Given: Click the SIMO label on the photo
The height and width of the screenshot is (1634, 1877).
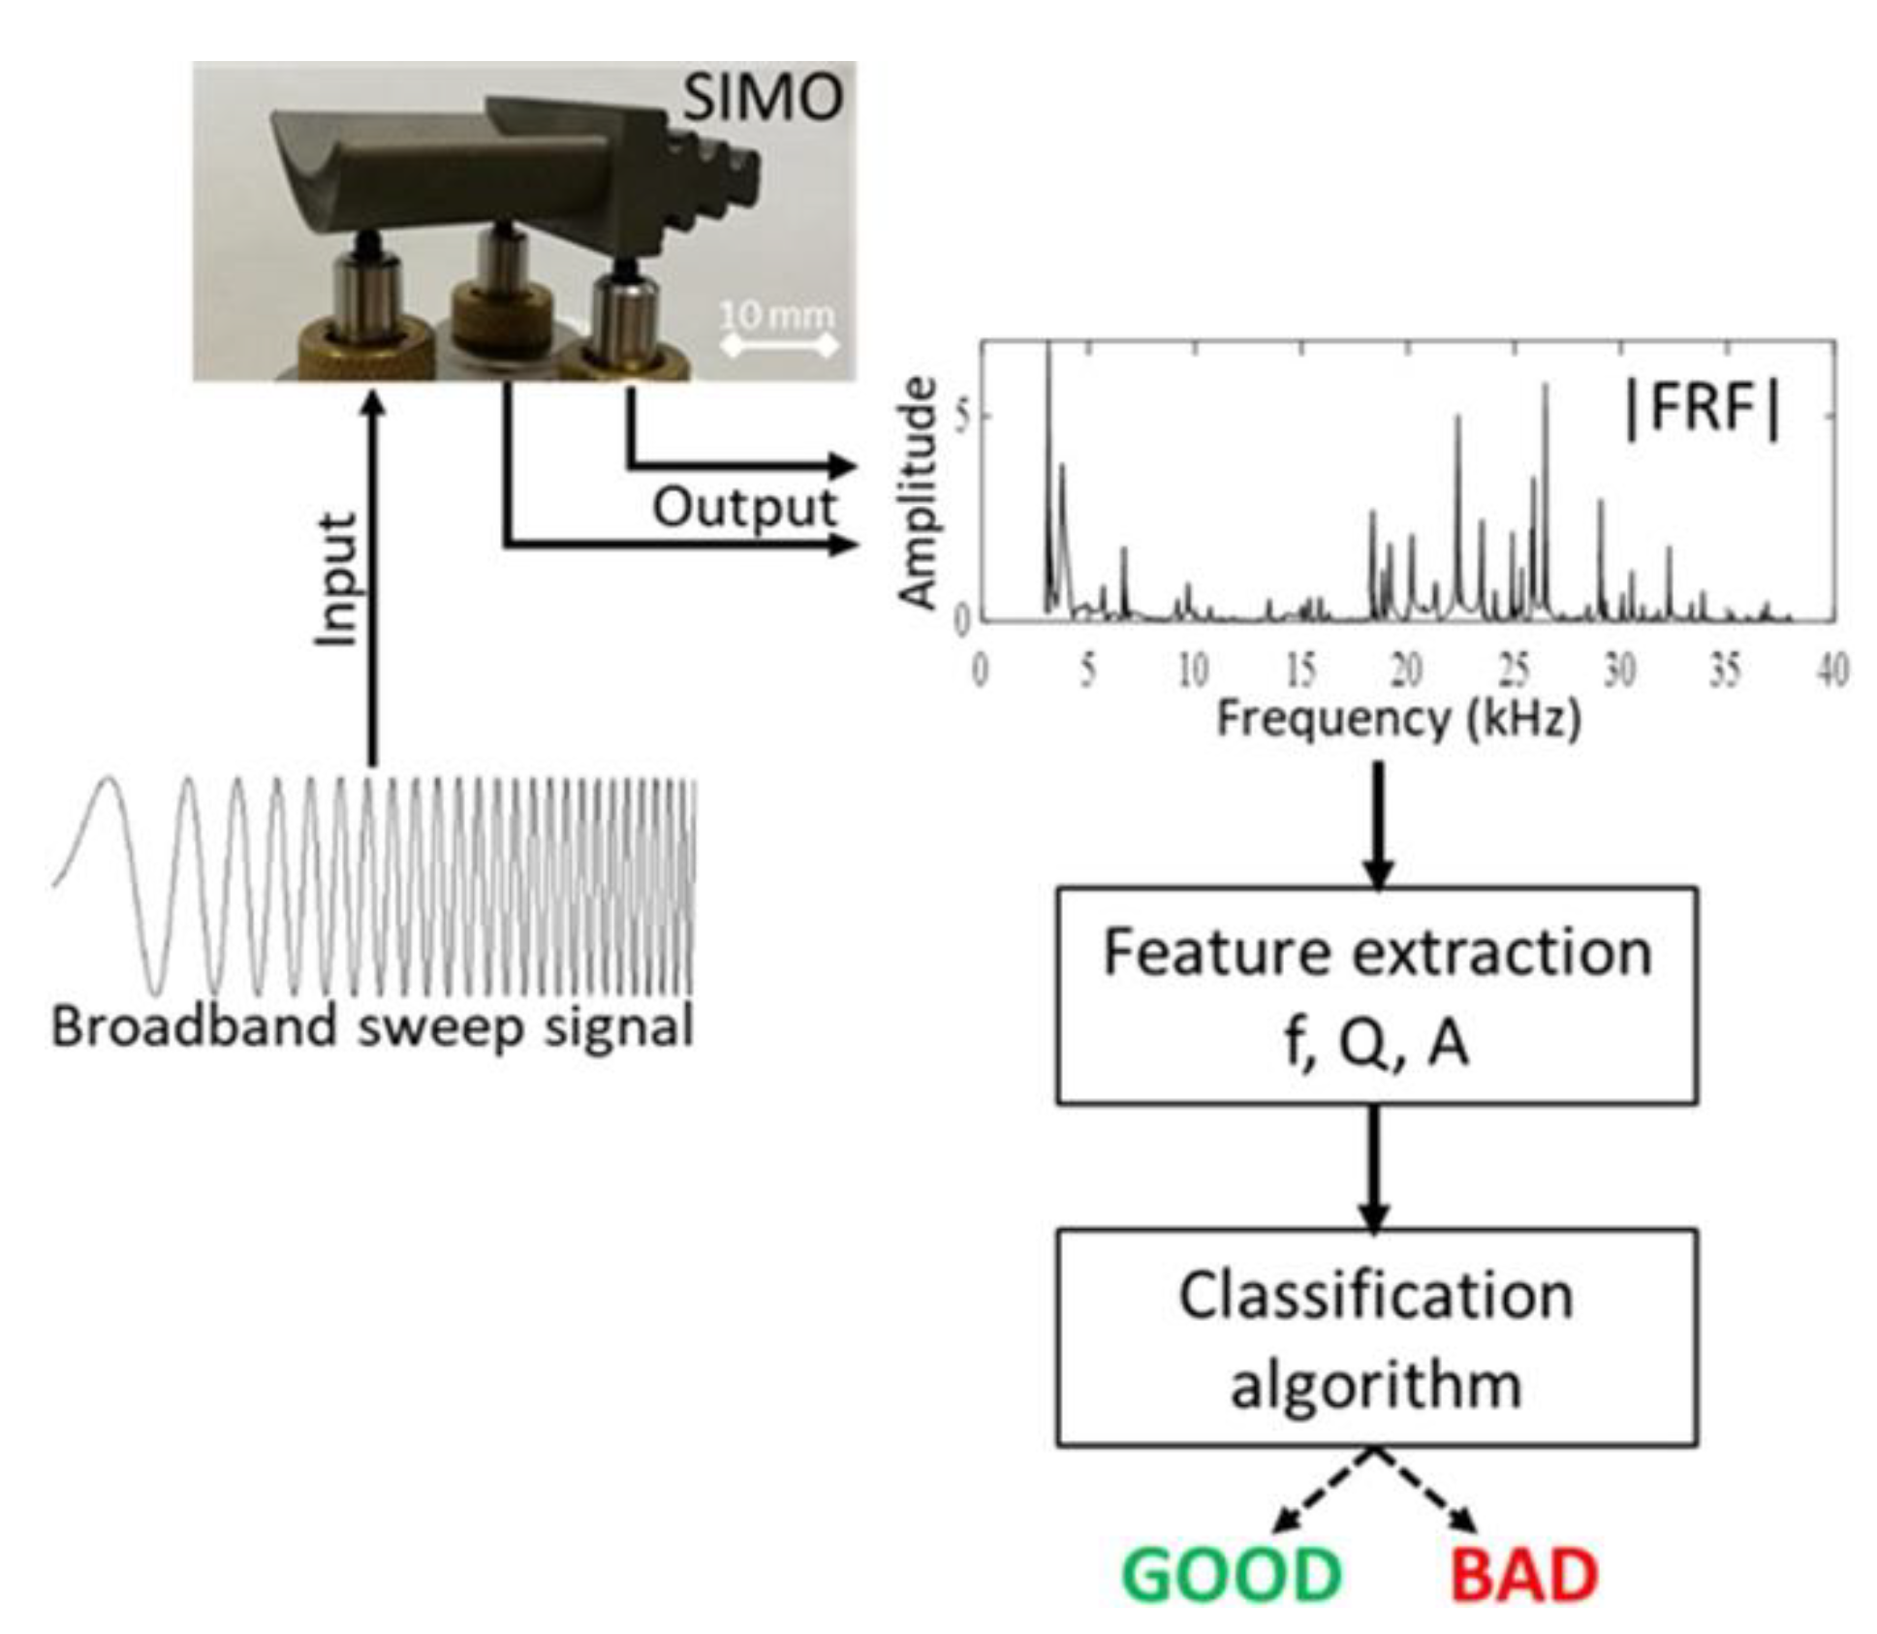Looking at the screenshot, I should tap(762, 98).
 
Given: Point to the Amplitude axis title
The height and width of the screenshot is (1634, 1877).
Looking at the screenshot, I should tap(918, 493).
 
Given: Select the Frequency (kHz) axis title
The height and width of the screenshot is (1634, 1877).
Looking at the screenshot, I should tap(1398, 719).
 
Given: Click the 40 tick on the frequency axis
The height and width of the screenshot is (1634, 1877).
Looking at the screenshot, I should tap(1830, 670).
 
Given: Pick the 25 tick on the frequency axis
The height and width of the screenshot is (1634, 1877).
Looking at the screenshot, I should tap(1514, 670).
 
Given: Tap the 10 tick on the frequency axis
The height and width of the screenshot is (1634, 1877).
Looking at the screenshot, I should tap(1193, 670).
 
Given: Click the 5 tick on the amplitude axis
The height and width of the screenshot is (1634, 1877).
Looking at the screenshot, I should tap(961, 417).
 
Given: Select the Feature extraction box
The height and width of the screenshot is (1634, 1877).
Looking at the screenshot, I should tap(1376, 995).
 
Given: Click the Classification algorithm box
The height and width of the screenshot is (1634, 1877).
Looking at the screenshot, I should tap(1376, 1337).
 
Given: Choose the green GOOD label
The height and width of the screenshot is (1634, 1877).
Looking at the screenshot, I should tap(1231, 1574).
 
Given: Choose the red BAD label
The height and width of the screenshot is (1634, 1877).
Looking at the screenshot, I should tap(1523, 1574).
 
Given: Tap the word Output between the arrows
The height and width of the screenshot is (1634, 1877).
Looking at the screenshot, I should tap(743, 507).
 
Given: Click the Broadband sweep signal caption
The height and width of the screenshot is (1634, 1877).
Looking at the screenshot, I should tap(372, 1026).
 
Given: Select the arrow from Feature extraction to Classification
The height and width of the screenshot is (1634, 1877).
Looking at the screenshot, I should tap(1374, 1167).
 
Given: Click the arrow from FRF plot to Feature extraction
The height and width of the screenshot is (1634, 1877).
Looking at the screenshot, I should tap(1377, 824).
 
